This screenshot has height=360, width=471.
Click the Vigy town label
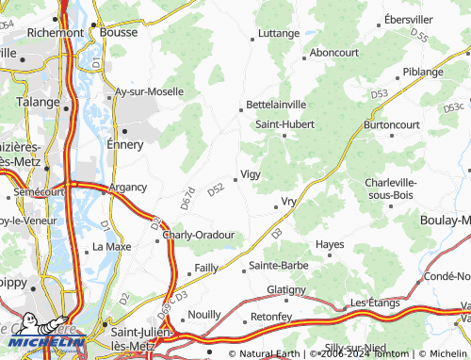pos(251,174)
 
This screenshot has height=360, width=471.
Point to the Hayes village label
pos(330,244)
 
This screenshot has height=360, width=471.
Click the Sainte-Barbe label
pos(278,266)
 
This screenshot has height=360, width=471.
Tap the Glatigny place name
pos(286,289)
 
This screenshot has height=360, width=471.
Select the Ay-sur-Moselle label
pos(146,92)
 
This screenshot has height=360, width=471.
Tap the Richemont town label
pos(56,32)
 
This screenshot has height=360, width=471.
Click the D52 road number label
pos(216,188)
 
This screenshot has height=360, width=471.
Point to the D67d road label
pos(187,198)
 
